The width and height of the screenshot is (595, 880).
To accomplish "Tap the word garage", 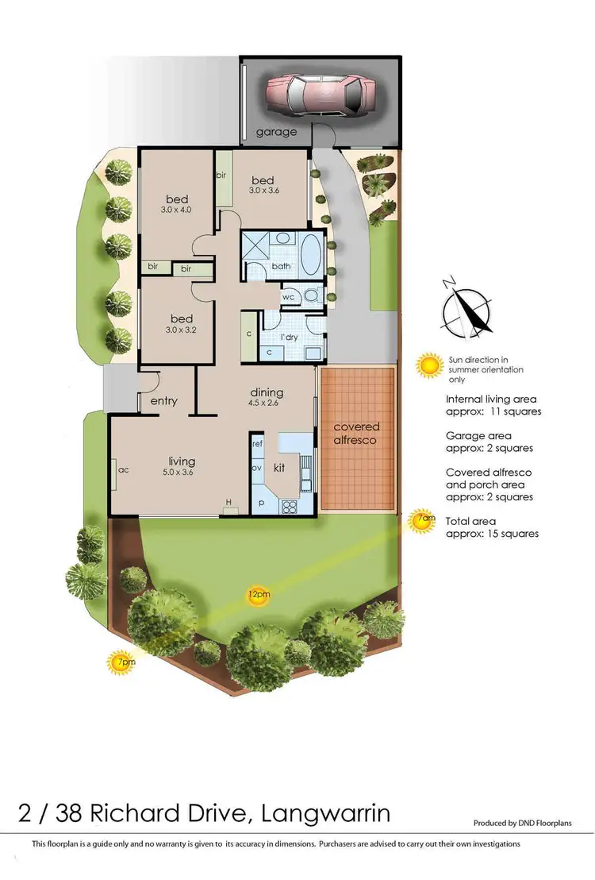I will [275, 132].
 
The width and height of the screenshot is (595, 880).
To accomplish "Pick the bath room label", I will [282, 266].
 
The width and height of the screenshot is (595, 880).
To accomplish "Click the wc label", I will [289, 297].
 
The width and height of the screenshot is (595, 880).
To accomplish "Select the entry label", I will [163, 401].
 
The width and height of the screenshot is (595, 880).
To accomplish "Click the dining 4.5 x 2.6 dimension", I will [267, 403].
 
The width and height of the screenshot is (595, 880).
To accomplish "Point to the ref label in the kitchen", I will [257, 445].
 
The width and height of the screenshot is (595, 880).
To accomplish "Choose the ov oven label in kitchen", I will [256, 469].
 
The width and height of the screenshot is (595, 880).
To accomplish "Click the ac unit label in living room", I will [123, 470].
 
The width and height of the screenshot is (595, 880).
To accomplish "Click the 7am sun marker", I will [426, 519].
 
